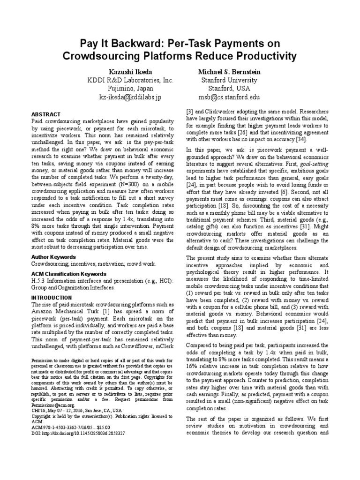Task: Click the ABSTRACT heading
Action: click(45, 114)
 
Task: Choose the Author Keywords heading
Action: click(53, 257)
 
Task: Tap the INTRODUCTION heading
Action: click(52, 297)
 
